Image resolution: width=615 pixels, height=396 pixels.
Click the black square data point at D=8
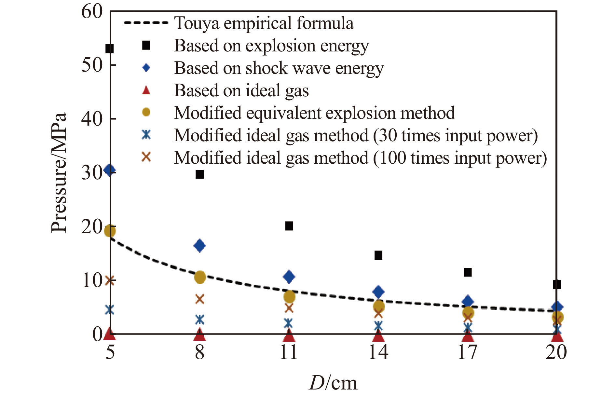pyautogui.click(x=199, y=174)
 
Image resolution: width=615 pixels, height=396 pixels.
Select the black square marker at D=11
pyautogui.click(x=289, y=226)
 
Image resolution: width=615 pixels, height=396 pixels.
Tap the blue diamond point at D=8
pyautogui.click(x=199, y=246)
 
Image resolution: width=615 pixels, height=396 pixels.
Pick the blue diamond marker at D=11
pyautogui.click(x=289, y=277)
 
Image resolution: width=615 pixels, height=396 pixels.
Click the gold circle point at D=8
pyautogui.click(x=200, y=277)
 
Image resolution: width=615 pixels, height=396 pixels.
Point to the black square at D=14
pyautogui.click(x=378, y=255)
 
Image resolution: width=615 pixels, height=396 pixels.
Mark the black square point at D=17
pyautogui.click(x=468, y=272)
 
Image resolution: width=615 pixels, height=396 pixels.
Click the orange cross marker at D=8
pyautogui.click(x=200, y=299)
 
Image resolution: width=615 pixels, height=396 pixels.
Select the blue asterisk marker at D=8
pyautogui.click(x=200, y=320)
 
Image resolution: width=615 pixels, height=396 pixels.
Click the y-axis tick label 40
pyautogui.click(x=92, y=119)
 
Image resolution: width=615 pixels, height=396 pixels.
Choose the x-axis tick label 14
pyautogui.click(x=378, y=352)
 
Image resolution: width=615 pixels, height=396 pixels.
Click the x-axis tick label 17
pyautogui.click(x=468, y=352)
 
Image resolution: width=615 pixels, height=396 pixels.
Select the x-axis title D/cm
pyautogui.click(x=333, y=383)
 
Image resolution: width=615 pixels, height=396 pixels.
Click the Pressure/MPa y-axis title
pyautogui.click(x=59, y=172)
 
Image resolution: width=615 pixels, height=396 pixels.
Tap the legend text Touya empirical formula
pyautogui.click(x=264, y=23)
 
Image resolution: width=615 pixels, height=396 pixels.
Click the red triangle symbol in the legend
pyautogui.click(x=146, y=90)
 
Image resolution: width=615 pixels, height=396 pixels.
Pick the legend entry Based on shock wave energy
pyautogui.click(x=279, y=68)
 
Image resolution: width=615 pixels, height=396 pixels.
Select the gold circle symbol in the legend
pyautogui.click(x=146, y=113)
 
